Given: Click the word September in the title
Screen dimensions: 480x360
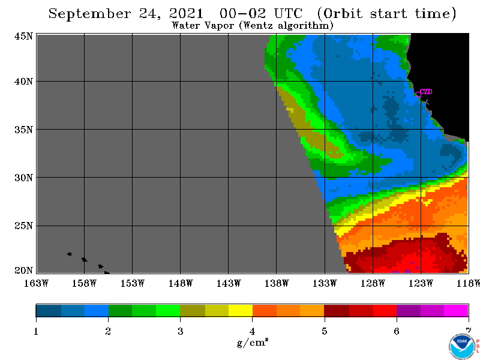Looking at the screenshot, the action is coord(89,14).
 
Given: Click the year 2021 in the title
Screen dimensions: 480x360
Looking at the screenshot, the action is coord(186,14).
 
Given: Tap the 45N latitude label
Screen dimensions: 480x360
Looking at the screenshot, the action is coord(23,36).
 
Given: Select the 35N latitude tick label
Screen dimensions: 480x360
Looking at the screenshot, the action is coord(23,130).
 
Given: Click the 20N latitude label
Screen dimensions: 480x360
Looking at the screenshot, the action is coord(23,271).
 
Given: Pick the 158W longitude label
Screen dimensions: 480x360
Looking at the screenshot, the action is coord(84,283).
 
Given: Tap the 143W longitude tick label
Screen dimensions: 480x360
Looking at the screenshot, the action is coord(229,283).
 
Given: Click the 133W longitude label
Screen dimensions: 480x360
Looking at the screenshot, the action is coord(325,283).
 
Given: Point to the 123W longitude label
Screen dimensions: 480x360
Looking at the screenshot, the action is coord(421,283).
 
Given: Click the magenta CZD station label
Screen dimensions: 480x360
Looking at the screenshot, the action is coord(427,92).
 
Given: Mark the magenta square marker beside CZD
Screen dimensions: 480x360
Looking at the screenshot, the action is coord(418,94).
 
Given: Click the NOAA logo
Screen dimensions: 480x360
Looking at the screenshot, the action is coord(462,346).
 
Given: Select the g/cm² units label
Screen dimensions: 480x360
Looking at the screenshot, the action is coord(253,342).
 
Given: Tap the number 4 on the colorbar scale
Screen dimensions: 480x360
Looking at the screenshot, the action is coord(252,331).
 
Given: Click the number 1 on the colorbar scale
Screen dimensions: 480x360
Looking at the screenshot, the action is coord(36,331).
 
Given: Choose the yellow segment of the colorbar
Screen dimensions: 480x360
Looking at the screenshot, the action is coord(241,310).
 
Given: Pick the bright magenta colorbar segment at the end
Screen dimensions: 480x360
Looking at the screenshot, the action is coord(456,310).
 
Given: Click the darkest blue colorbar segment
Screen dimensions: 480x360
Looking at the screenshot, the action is coord(49,310).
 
